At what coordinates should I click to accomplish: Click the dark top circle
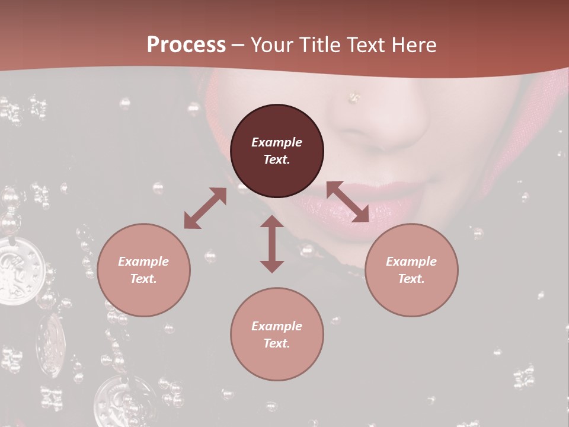pyautogui.click(x=277, y=151)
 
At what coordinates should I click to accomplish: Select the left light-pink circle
pyautogui.click(x=143, y=270)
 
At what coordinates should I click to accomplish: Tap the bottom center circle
pyautogui.click(x=277, y=334)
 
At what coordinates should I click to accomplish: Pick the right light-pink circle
pyautogui.click(x=411, y=270)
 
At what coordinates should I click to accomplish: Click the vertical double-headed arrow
pyautogui.click(x=272, y=244)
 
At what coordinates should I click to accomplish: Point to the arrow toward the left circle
pyautogui.click(x=205, y=208)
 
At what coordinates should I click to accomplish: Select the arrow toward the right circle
pyautogui.click(x=347, y=202)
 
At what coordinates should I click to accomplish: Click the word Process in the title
pyautogui.click(x=186, y=44)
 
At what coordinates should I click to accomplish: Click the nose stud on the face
pyautogui.click(x=354, y=96)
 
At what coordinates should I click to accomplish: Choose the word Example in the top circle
pyautogui.click(x=277, y=142)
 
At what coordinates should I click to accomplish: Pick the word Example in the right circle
pyautogui.click(x=411, y=262)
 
